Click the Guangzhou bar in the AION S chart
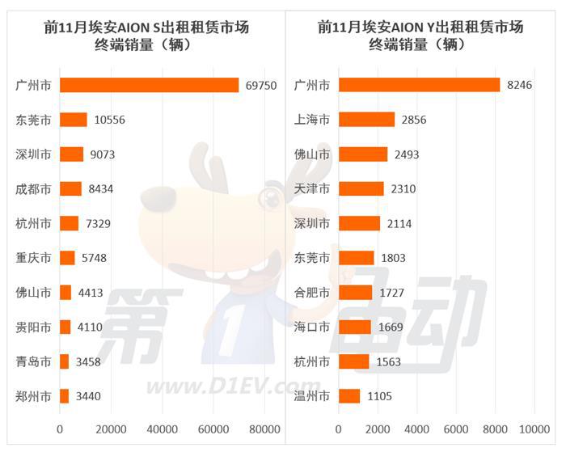(150, 85)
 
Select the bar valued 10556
(74, 120)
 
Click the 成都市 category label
(34, 189)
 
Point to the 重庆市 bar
(67, 258)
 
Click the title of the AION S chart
(146, 36)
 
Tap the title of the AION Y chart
(421, 36)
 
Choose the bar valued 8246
(419, 85)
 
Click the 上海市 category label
(312, 120)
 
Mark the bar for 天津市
(361, 189)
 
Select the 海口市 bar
(354, 327)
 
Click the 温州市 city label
(312, 396)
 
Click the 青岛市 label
(34, 361)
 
